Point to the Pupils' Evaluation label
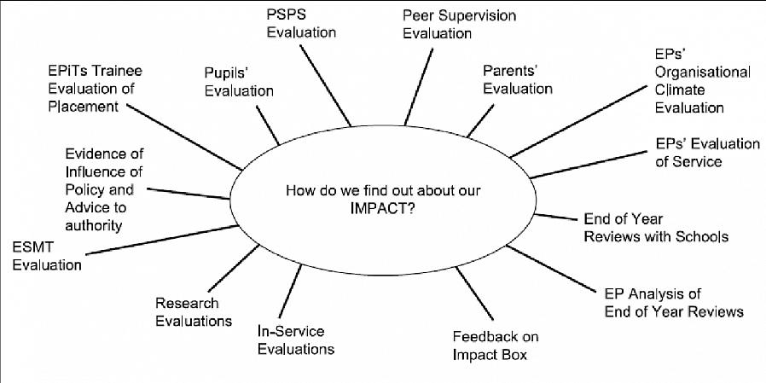pyautogui.click(x=239, y=82)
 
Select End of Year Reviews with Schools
pyautogui.click(x=656, y=227)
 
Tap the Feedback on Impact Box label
pyautogui.click(x=496, y=345)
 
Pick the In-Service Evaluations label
pyautogui.click(x=296, y=339)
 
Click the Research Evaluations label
pyautogui.click(x=194, y=311)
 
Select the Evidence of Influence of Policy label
pyautogui.click(x=105, y=189)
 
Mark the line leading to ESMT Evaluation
pyautogui.click(x=162, y=240)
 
